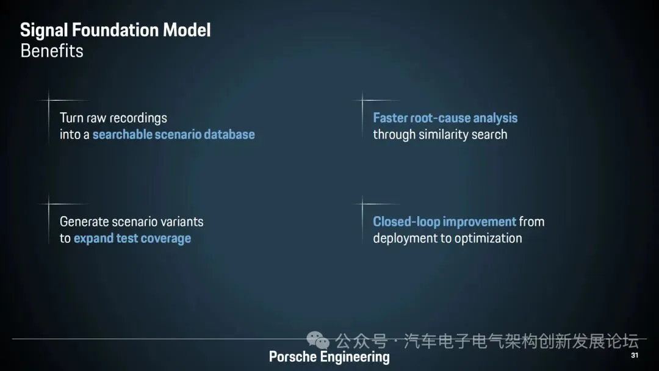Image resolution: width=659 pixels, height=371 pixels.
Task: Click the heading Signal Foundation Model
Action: click(x=115, y=31)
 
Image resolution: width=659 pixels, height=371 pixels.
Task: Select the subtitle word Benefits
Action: click(x=52, y=51)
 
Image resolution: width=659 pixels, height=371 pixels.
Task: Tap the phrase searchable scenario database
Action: click(x=173, y=134)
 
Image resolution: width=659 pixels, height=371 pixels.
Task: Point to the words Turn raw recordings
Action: click(x=113, y=118)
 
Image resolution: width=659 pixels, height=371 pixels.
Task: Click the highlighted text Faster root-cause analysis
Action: click(x=445, y=118)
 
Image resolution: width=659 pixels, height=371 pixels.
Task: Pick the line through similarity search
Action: click(x=440, y=134)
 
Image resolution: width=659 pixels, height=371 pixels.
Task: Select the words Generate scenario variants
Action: click(x=131, y=222)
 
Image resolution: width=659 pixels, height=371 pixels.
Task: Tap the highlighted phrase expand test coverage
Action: click(x=132, y=238)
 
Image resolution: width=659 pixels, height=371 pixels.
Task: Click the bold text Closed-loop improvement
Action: click(x=444, y=222)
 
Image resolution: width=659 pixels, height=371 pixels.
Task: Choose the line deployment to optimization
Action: click(x=447, y=238)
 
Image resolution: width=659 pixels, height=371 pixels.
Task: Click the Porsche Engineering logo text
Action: click(x=329, y=357)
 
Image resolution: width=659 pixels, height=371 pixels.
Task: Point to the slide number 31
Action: click(x=635, y=356)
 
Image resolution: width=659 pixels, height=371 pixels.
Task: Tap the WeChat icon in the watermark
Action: click(x=318, y=340)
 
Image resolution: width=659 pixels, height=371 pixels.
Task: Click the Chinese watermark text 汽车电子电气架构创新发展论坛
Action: click(x=521, y=340)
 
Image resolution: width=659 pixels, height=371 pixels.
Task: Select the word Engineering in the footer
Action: click(x=355, y=357)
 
